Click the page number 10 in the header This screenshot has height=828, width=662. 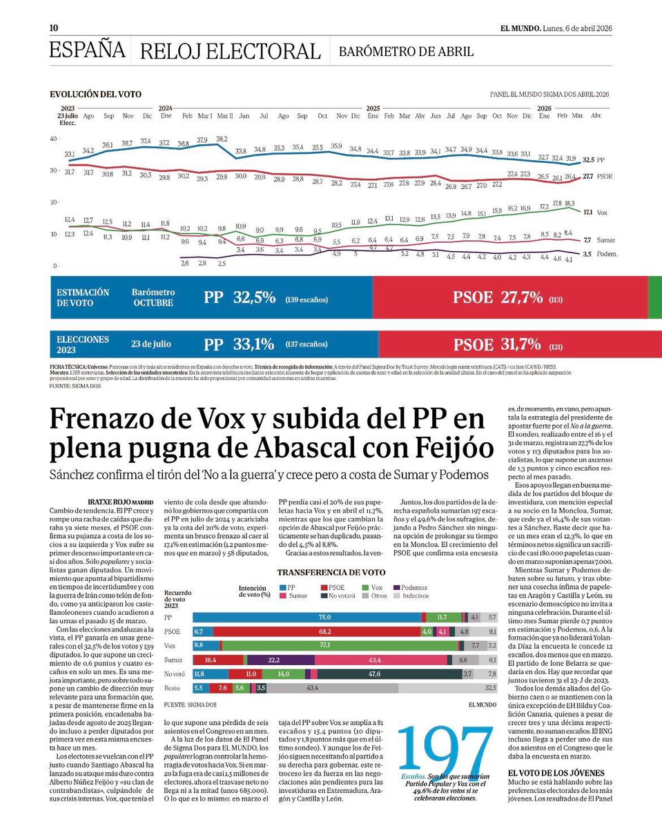(53, 28)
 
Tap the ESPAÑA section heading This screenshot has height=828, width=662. (87, 50)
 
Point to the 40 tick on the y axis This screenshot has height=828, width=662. (53, 139)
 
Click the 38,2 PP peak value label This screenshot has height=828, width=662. (222, 139)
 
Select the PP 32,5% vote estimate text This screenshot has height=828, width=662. (240, 298)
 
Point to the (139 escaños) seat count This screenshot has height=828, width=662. (306, 299)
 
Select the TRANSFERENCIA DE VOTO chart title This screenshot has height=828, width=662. (331, 573)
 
